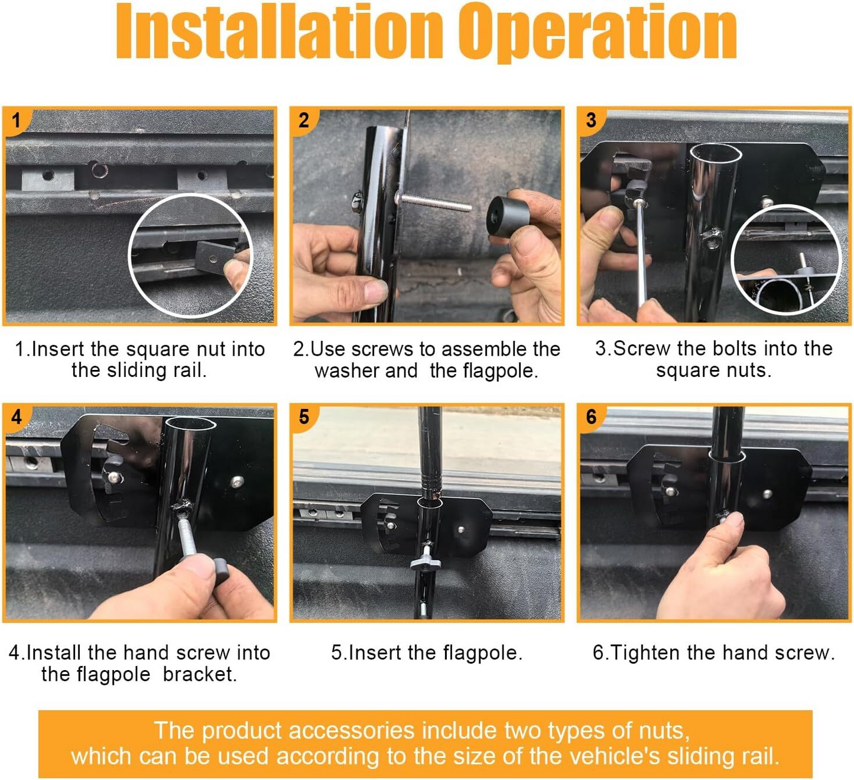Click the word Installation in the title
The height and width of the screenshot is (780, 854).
click(280, 31)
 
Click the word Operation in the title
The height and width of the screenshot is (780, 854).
click(598, 33)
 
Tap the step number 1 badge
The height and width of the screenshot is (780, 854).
click(16, 121)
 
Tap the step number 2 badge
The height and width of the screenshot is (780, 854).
click(304, 121)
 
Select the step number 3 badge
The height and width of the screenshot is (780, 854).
click(591, 120)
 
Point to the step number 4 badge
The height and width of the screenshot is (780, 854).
click(16, 417)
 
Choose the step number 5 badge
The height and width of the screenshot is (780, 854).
click(304, 417)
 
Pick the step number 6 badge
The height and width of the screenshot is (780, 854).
click(591, 417)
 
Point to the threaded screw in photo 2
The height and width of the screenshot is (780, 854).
click(434, 203)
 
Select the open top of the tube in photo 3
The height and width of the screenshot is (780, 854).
click(715, 153)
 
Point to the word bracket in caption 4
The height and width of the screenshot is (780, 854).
click(200, 675)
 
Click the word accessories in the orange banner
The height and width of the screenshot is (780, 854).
click(352, 730)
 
